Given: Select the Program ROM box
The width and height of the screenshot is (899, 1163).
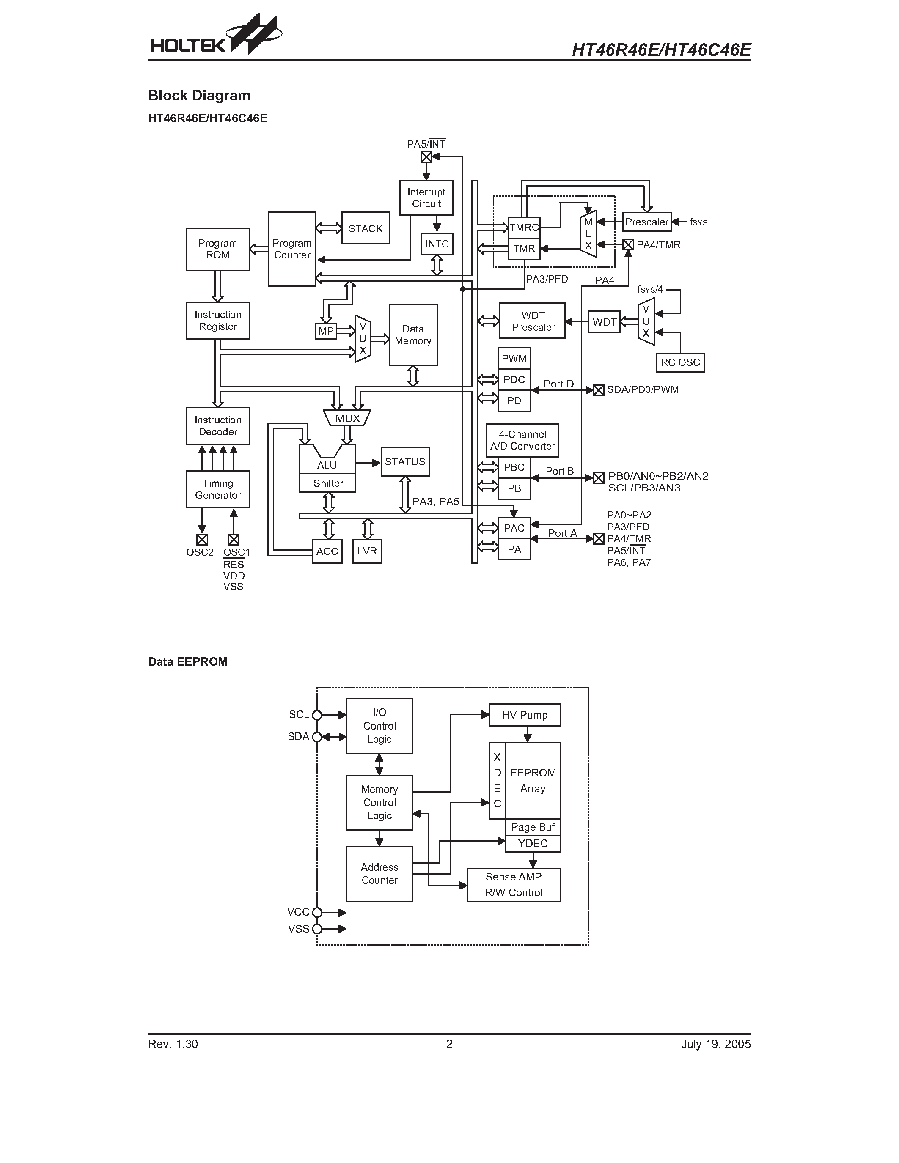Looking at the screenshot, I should [x=217, y=249].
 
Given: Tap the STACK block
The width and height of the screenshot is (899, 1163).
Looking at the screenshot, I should [x=366, y=228].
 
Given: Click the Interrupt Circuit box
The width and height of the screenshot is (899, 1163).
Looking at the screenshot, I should [x=426, y=198].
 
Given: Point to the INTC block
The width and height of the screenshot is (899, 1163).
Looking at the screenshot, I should [x=437, y=244].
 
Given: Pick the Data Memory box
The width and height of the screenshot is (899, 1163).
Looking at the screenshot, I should [x=413, y=335].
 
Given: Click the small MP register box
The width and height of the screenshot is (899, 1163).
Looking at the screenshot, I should [x=326, y=331].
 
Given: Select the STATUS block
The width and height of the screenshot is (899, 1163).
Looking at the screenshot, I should [x=405, y=462].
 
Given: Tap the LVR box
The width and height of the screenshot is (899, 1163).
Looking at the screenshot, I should [x=367, y=551].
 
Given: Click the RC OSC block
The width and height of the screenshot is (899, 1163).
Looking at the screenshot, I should [x=680, y=362].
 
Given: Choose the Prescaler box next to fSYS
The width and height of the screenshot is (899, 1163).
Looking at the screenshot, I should [x=646, y=222].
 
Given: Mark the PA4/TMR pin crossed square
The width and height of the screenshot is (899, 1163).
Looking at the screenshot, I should [x=628, y=245].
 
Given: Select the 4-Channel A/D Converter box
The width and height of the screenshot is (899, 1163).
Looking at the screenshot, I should [x=522, y=440].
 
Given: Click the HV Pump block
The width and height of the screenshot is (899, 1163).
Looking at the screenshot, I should [x=525, y=715].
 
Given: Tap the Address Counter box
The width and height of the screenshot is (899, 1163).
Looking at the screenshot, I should [x=379, y=874].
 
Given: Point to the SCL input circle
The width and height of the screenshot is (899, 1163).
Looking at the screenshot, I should [x=317, y=715].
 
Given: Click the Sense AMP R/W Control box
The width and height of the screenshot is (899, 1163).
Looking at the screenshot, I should [x=514, y=884].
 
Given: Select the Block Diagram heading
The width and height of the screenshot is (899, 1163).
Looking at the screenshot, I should [x=199, y=95].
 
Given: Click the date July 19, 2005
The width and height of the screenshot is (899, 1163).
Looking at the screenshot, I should [x=715, y=1044].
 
